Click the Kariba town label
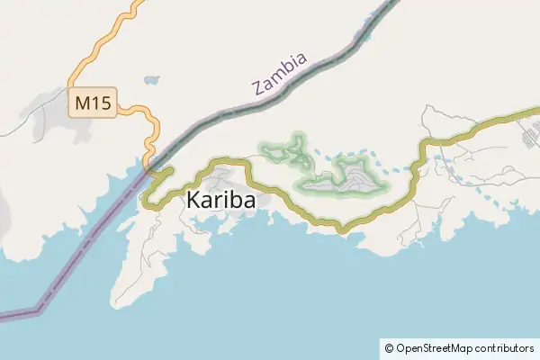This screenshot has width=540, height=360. [x=220, y=201]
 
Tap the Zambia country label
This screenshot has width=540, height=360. [x=281, y=74]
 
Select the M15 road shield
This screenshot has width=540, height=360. [x=93, y=103]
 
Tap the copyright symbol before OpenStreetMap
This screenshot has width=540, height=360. [x=389, y=347]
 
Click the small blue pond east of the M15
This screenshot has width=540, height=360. [x=150, y=80]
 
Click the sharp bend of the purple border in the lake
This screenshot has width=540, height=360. [x=39, y=310]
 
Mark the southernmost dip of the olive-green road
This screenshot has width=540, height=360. [x=341, y=230]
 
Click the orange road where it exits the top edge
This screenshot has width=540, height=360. [x=138, y=3]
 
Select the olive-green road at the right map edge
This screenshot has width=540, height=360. [x=536, y=112]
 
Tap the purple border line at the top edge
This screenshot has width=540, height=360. [x=393, y=3]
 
